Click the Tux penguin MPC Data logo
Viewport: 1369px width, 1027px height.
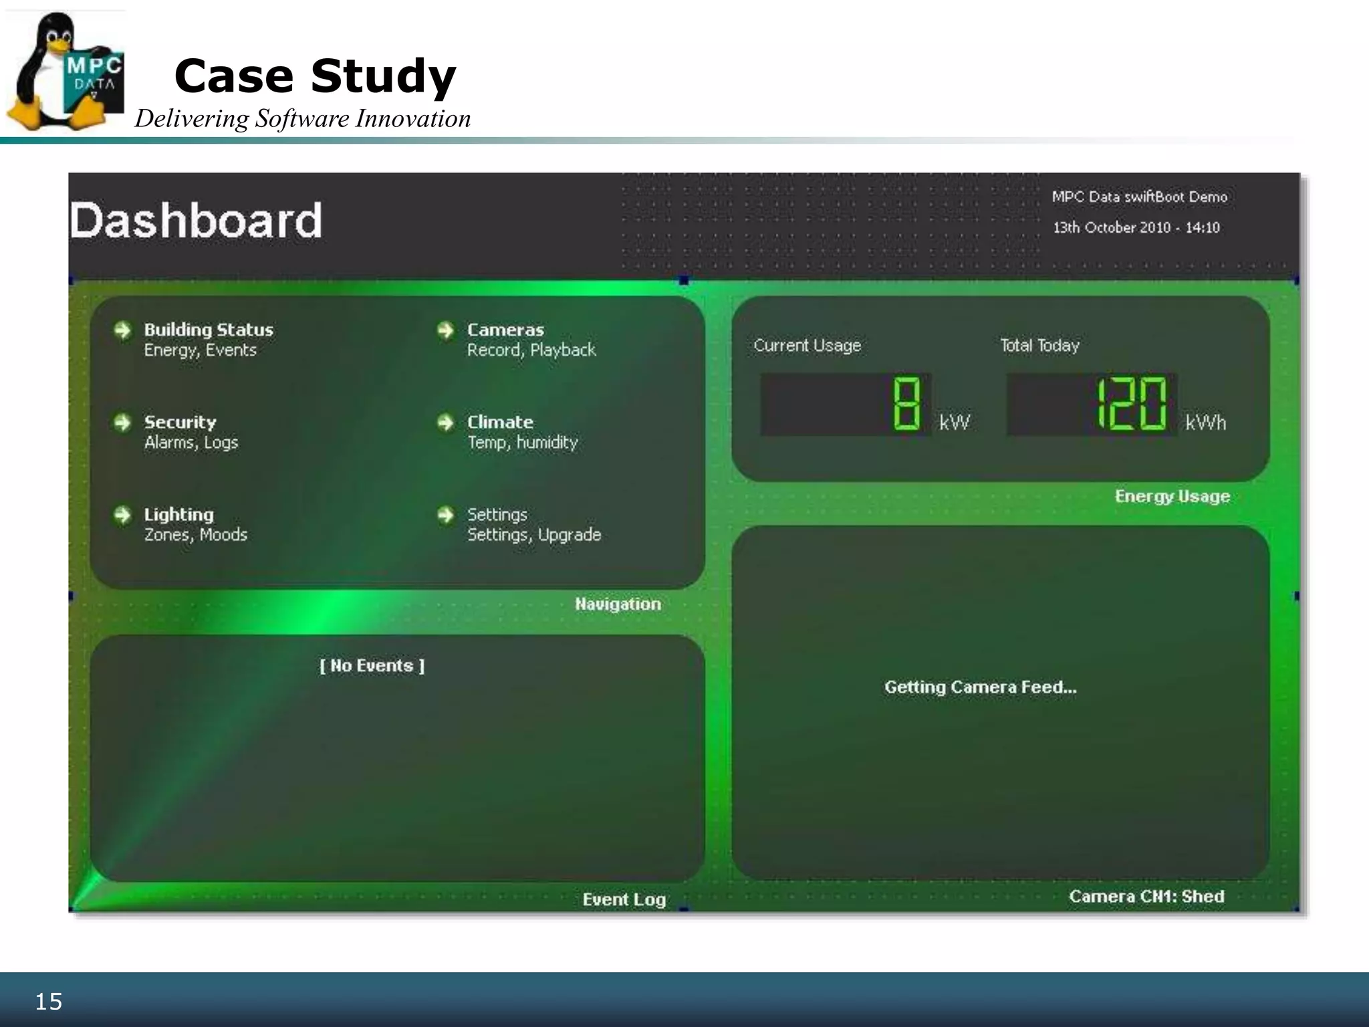tap(64, 72)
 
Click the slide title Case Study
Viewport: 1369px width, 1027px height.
tap(315, 76)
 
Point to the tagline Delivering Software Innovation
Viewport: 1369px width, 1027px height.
tap(303, 119)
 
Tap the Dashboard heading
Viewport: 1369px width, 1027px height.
tap(196, 220)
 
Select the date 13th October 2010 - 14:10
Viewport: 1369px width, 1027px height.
tap(1136, 227)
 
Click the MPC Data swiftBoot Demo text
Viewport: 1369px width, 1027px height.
tap(1139, 197)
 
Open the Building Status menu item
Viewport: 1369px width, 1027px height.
tap(209, 330)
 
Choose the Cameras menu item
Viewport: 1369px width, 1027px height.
tap(505, 330)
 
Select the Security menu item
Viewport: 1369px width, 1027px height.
tap(180, 423)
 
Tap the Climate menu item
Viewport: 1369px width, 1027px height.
tap(500, 423)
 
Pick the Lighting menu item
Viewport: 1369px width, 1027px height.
tap(179, 515)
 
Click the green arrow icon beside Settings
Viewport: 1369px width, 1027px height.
tap(445, 515)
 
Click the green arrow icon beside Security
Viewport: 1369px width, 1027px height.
tap(122, 423)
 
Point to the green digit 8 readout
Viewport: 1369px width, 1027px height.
tap(906, 404)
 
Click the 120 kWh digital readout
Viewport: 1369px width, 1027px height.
tap(1131, 404)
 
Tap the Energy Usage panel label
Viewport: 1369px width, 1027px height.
tap(1172, 496)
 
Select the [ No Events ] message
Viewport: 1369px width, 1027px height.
tap(372, 666)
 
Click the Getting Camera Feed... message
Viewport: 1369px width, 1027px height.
tap(981, 687)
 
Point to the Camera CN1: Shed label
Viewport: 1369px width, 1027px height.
tap(1146, 897)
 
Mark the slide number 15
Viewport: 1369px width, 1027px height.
tap(48, 1002)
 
